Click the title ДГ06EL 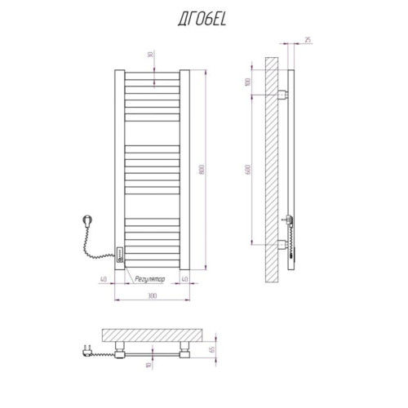point(202,20)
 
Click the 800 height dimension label point(202,170)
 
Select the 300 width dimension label point(152,295)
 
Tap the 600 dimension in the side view point(248,170)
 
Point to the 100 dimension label point(247,82)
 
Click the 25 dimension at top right point(308,40)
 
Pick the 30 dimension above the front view point(150,55)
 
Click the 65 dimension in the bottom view point(212,349)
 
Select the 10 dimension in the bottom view point(149,365)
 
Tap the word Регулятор point(150,279)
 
